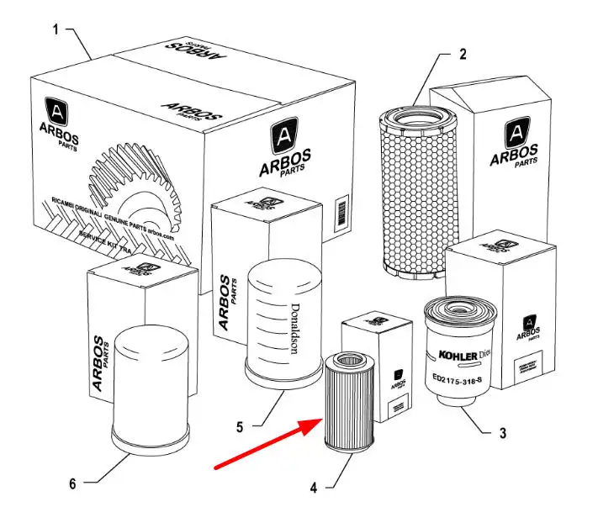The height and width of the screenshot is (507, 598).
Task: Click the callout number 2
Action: click(x=462, y=55)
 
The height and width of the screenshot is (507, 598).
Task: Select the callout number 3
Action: click(x=502, y=434)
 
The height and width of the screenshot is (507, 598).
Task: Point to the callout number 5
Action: click(x=240, y=426)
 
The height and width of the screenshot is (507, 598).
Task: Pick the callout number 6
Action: click(x=72, y=483)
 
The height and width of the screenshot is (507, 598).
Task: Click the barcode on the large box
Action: click(x=341, y=209)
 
